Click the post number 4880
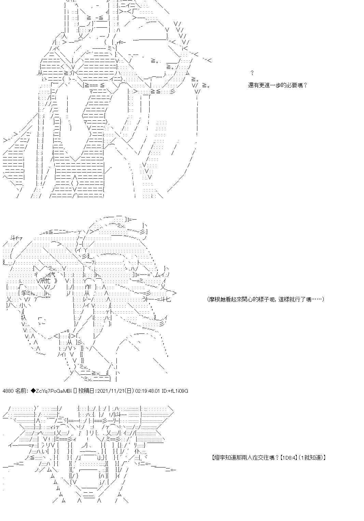(x=8, y=391)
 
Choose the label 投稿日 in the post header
(x=86, y=391)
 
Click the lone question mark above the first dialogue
(x=252, y=73)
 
